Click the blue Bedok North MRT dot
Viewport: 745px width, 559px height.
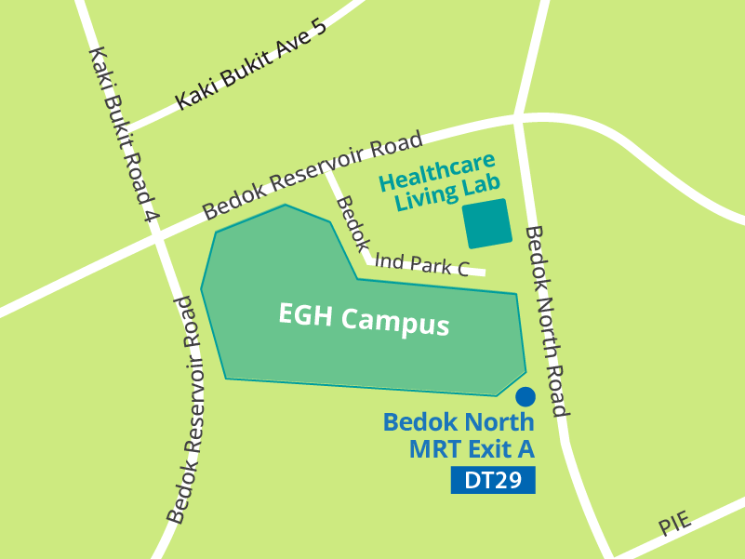(x=525, y=396)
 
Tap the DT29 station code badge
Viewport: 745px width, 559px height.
(x=493, y=481)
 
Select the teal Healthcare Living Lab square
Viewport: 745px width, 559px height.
(x=487, y=223)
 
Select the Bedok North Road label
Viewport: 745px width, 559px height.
(x=546, y=321)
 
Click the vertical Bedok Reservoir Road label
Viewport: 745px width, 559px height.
(x=185, y=409)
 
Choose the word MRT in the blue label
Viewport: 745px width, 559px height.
(x=435, y=450)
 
